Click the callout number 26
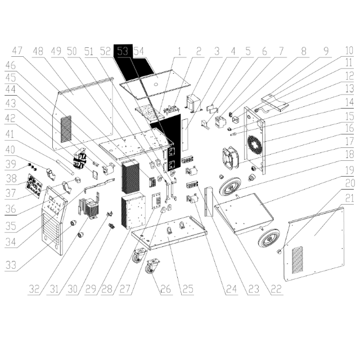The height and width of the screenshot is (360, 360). pyautogui.click(x=165, y=290)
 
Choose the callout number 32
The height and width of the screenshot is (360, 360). pyautogui.click(x=35, y=290)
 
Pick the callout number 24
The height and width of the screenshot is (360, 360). pyautogui.click(x=232, y=290)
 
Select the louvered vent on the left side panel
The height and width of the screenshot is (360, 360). pyautogui.click(x=66, y=129)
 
